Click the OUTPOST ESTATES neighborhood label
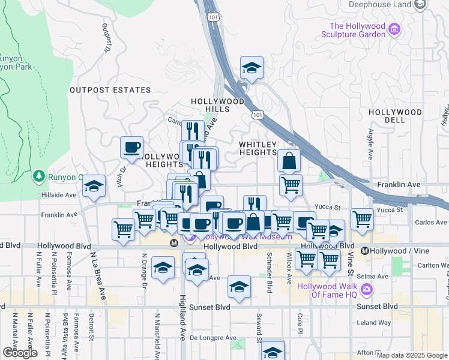pyautogui.click(x=110, y=90)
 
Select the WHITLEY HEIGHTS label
pyautogui.click(x=258, y=149)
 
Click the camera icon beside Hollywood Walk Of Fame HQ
pyautogui.click(x=367, y=290)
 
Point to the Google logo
pyautogui.click(x=20, y=353)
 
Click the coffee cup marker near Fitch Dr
pyautogui.click(x=131, y=147)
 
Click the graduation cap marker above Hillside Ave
pyautogui.click(x=94, y=187)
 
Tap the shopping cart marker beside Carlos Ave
pyautogui.click(x=362, y=219)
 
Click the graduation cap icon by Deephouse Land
pyautogui.click(x=421, y=5)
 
